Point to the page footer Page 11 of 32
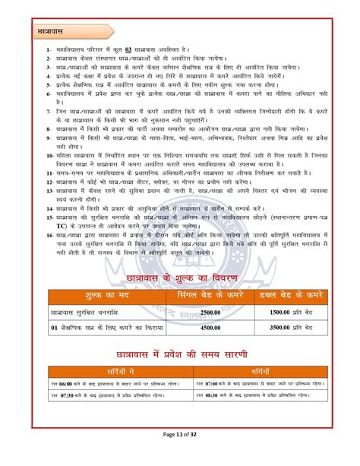180,454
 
